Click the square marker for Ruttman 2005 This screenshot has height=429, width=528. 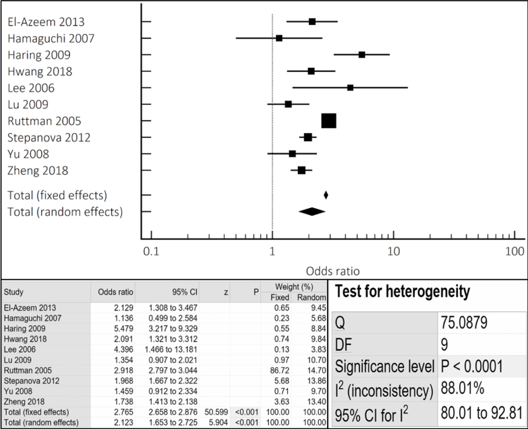(329, 121)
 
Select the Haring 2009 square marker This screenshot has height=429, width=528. (362, 55)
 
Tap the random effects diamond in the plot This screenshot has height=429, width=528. (312, 212)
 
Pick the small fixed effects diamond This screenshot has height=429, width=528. (326, 195)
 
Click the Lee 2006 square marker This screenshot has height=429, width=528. (350, 88)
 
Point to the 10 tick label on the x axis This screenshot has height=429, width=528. (394, 251)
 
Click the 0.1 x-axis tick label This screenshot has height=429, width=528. (151, 251)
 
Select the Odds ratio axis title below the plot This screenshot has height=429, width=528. (333, 271)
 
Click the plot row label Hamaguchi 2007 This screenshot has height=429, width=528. (51, 38)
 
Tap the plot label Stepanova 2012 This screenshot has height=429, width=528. (49, 137)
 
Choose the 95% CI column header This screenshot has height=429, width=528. (185, 292)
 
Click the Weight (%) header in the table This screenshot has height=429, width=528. (294, 286)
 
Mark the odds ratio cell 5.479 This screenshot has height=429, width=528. (124, 328)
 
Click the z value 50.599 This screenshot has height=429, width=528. (216, 412)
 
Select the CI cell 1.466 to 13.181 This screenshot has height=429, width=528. (171, 349)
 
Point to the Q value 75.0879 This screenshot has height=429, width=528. (464, 322)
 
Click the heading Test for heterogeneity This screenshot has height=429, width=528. (402, 291)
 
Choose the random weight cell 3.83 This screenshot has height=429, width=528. (318, 349)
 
